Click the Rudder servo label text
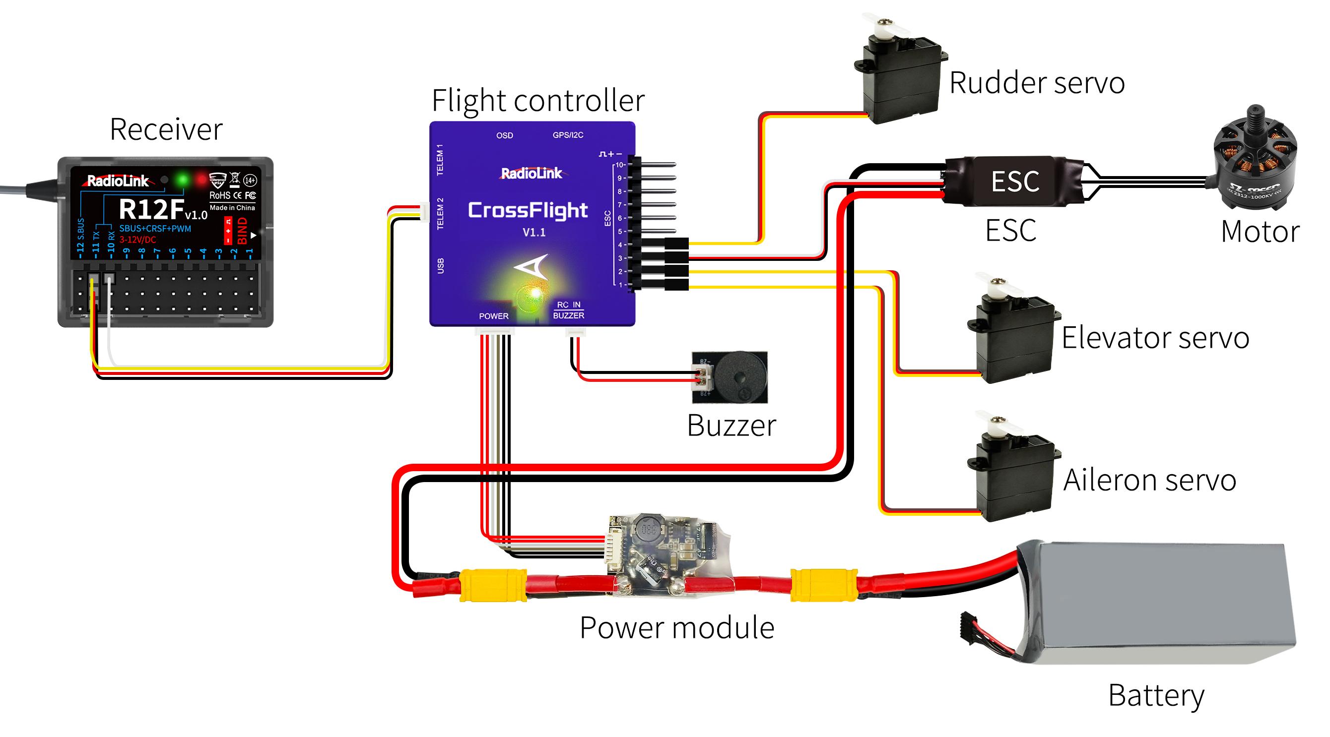1037,83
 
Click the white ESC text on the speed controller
1015,182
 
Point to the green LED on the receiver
182,180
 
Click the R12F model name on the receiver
151,209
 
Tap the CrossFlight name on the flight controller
528,210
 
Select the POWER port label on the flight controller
494,316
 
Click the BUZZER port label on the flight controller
568,315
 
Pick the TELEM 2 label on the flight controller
440,213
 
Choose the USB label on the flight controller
440,266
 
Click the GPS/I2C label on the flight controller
568,135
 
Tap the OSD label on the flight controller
504,136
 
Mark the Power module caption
677,628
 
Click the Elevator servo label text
1155,339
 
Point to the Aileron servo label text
1150,481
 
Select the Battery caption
1156,695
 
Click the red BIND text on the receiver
242,231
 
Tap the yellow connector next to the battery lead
824,585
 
